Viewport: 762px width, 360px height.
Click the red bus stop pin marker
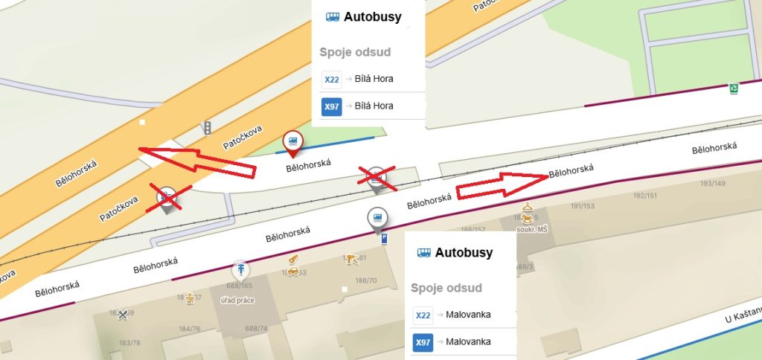point(293,141)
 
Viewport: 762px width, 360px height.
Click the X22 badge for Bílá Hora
point(331,79)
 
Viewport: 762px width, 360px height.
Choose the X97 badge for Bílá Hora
point(331,106)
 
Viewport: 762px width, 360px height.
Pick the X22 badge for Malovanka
point(423,315)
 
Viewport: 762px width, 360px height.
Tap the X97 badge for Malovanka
point(423,342)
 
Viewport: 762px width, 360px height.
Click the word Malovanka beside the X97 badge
point(469,342)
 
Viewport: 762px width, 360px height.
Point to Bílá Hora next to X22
point(374,79)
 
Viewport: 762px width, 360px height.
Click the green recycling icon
point(734,89)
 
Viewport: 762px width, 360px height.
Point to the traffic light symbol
point(207,128)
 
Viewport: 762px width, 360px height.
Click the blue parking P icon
point(384,240)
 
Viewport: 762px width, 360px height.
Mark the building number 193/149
point(713,183)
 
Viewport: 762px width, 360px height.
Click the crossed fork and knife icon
point(124,315)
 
